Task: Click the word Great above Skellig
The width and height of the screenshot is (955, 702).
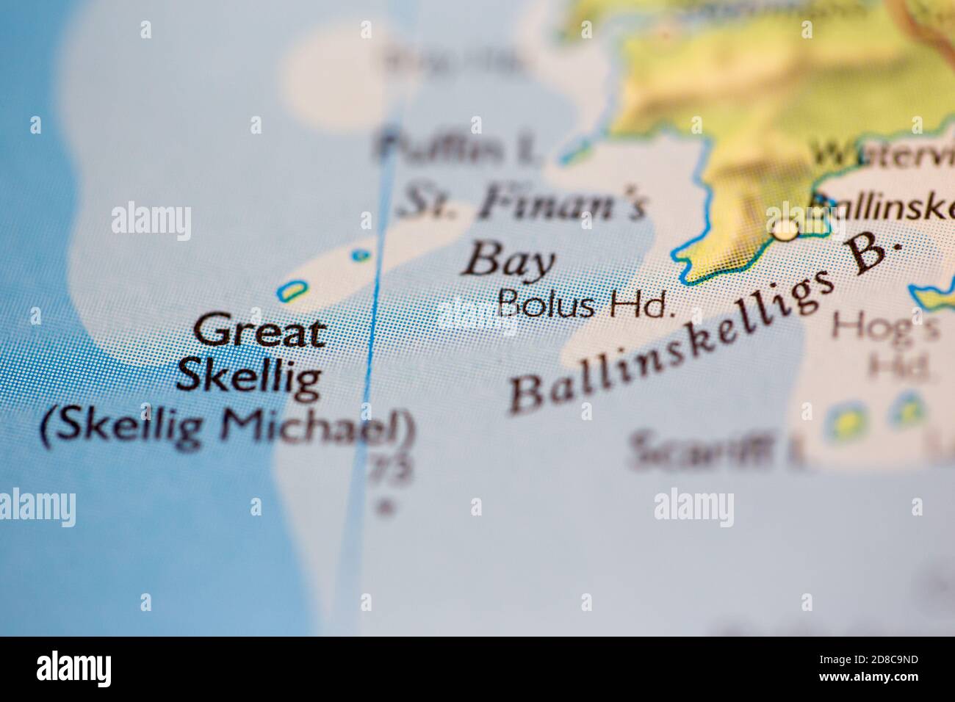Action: tap(259, 332)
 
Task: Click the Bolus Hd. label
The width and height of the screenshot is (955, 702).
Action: tap(585, 303)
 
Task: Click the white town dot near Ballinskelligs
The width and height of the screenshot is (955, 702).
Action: tap(785, 231)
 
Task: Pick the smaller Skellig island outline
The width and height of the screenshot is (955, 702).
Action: tap(360, 256)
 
